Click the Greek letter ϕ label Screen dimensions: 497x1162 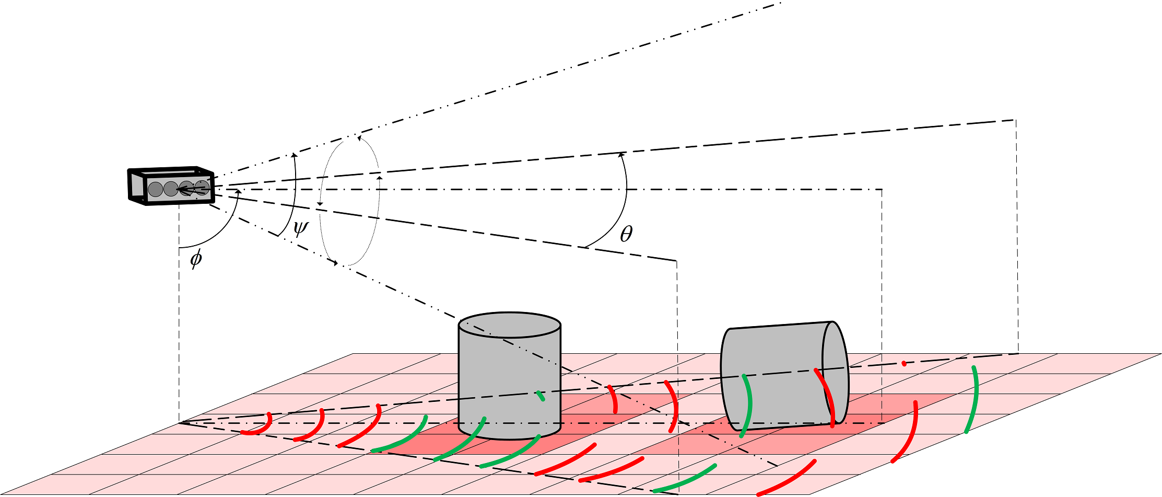coord(196,258)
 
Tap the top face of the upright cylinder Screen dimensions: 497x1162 coord(509,326)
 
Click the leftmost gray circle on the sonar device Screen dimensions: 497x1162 coord(155,189)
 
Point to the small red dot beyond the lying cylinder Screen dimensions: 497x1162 coord(904,363)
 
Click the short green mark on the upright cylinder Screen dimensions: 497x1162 coord(542,396)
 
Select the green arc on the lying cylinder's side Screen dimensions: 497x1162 coord(748,406)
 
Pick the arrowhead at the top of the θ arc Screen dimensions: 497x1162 coord(621,154)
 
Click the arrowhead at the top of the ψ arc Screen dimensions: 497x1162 coord(294,155)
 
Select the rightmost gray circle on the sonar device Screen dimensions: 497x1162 coord(202,188)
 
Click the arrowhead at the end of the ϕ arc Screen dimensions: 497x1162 coord(238,192)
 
